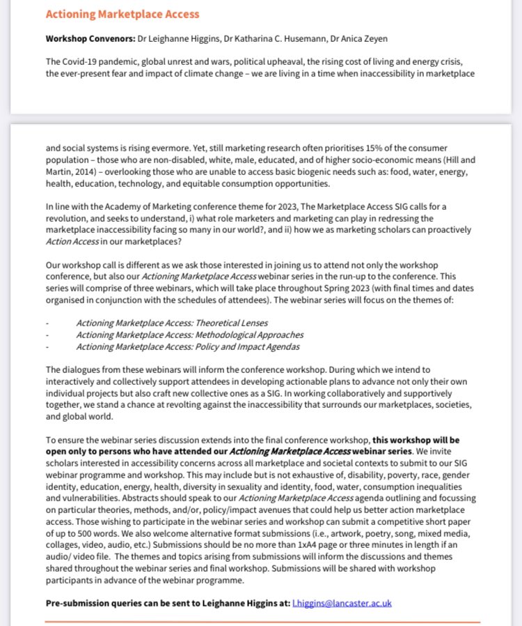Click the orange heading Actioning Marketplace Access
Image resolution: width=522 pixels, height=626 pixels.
122,14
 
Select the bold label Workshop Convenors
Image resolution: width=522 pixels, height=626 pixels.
86,38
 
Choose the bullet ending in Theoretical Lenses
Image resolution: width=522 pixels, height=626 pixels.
171,323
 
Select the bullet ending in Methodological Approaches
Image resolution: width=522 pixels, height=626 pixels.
189,335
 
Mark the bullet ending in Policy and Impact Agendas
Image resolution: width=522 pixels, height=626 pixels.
188,346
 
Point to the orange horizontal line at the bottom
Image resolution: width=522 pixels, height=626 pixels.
262,622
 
